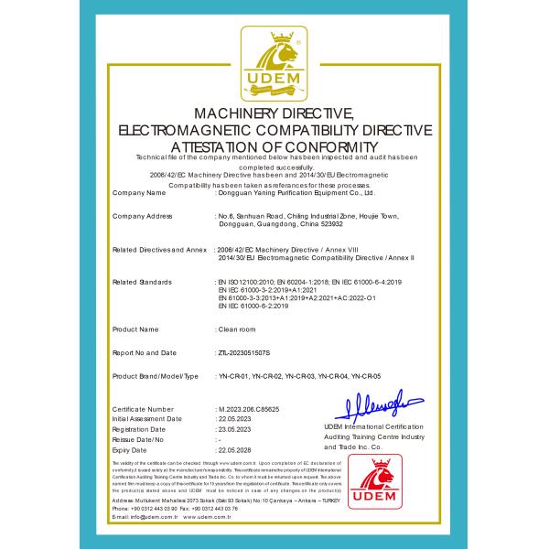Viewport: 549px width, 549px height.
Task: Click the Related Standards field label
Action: [142, 282]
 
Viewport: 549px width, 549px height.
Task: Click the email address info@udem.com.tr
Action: [146, 517]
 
